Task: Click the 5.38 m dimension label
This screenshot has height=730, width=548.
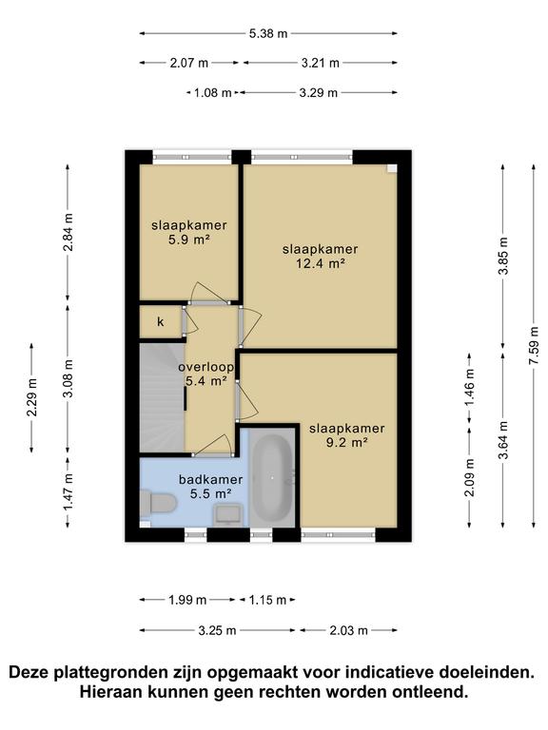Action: (268, 33)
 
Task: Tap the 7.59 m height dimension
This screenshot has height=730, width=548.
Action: (534, 345)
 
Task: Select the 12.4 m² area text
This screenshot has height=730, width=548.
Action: (320, 263)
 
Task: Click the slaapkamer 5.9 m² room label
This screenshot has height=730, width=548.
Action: (188, 232)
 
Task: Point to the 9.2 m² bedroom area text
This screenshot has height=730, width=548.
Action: (346, 442)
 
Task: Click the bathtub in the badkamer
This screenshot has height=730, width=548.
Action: (272, 478)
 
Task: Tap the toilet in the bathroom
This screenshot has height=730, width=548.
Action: (158, 504)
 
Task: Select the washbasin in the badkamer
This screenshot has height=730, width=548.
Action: (227, 515)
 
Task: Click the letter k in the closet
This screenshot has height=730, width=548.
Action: (160, 321)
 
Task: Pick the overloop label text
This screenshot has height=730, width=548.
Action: (205, 367)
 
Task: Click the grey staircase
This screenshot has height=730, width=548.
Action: (163, 397)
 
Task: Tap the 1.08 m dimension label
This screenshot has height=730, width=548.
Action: (212, 92)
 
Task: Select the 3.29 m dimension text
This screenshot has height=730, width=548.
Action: (319, 92)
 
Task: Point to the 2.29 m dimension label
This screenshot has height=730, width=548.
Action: (31, 397)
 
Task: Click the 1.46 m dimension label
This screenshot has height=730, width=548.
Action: (469, 388)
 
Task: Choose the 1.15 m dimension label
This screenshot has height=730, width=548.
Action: (267, 600)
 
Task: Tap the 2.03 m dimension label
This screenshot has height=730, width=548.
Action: (349, 631)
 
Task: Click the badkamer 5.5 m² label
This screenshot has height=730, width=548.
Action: (211, 487)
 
